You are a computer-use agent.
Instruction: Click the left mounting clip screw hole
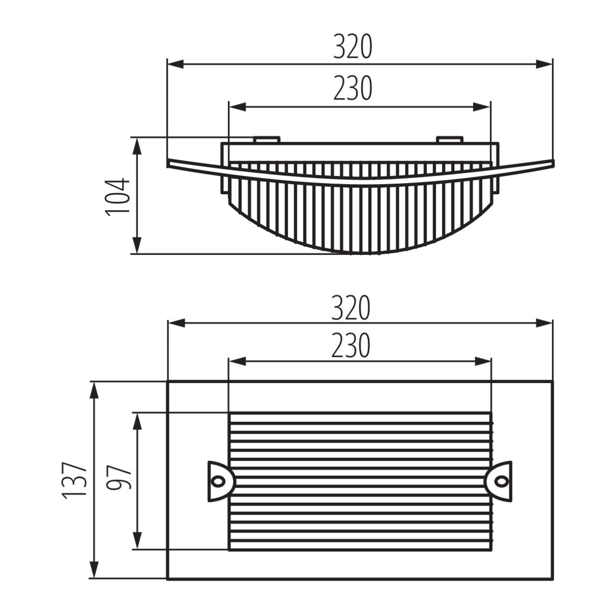pos(219,480)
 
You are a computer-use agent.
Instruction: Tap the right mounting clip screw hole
pos(501,480)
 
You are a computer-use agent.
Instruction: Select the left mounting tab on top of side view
pos(266,139)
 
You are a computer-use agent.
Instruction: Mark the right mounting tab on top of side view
pos(449,139)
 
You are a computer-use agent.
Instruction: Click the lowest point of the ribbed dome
pos(360,253)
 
